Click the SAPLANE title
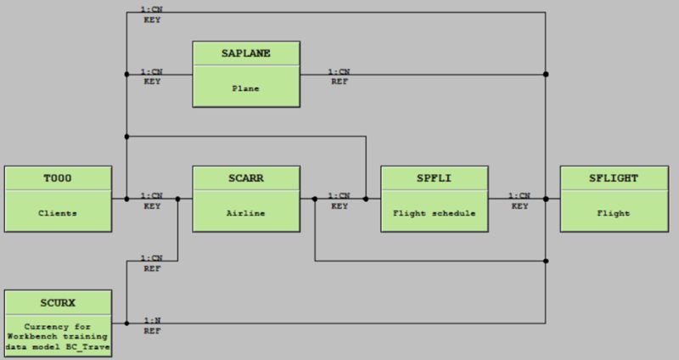245,53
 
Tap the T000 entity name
58,177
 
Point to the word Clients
58,212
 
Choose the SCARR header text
245,177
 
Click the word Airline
245,212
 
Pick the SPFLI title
434,177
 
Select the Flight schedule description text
434,212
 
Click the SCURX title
58,301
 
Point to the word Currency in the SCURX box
58,325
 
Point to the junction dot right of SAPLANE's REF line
546,74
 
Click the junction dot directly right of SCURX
126,323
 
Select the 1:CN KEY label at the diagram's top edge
152,14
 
